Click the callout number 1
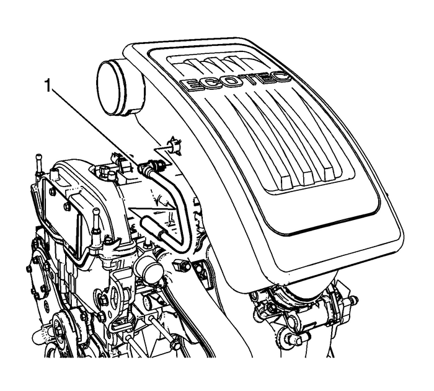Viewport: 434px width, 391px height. (48, 86)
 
